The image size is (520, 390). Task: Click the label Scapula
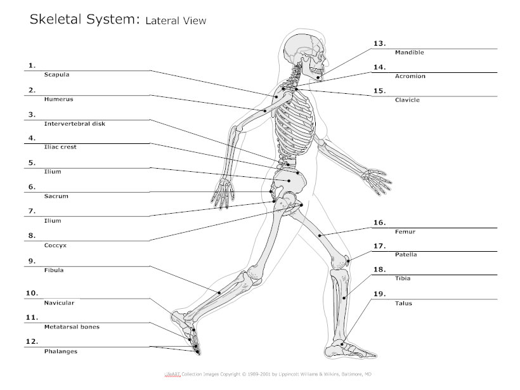[x=56, y=75]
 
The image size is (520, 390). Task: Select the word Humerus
[x=58, y=100]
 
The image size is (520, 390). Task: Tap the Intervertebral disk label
[x=74, y=124]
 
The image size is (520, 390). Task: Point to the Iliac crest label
[x=61, y=147]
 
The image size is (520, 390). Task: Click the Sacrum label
[x=56, y=197]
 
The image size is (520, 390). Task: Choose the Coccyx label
[x=55, y=245]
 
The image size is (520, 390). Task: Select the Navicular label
[x=59, y=303]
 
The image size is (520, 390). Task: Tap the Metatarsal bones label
[x=72, y=327]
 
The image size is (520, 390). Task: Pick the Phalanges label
[x=61, y=351]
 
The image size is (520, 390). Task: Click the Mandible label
[x=409, y=53]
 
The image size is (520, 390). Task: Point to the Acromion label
[x=410, y=76]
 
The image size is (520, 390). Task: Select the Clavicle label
[x=407, y=100]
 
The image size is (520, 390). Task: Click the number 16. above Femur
[x=379, y=223]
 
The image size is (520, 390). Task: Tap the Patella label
[x=406, y=255]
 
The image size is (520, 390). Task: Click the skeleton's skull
[x=302, y=51]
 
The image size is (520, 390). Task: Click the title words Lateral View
[x=176, y=21]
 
